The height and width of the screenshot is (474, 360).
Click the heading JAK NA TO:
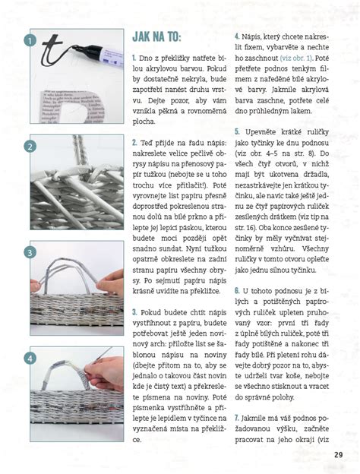pos(156,37)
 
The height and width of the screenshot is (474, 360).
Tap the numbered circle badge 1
pos(30,40)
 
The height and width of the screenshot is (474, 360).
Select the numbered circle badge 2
pos(30,147)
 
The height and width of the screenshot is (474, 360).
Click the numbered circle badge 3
pos(30,252)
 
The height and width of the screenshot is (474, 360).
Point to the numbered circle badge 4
pos(30,359)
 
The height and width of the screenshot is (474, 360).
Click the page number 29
pos(338,455)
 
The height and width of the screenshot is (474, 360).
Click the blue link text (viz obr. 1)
pos(296,58)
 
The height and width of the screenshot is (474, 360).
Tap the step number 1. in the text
pos(134,58)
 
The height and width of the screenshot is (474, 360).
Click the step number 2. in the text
pos(134,142)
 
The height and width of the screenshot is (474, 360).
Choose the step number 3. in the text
pos(134,312)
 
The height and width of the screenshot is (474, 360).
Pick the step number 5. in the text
pos(237,132)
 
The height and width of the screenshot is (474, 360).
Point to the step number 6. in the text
pos(237,291)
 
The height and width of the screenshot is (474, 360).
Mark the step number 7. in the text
pos(237,418)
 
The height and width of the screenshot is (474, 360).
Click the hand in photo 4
pos(105,372)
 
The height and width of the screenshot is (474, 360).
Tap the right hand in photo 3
pos(111,283)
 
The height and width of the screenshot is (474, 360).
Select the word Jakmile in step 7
pos(252,419)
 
